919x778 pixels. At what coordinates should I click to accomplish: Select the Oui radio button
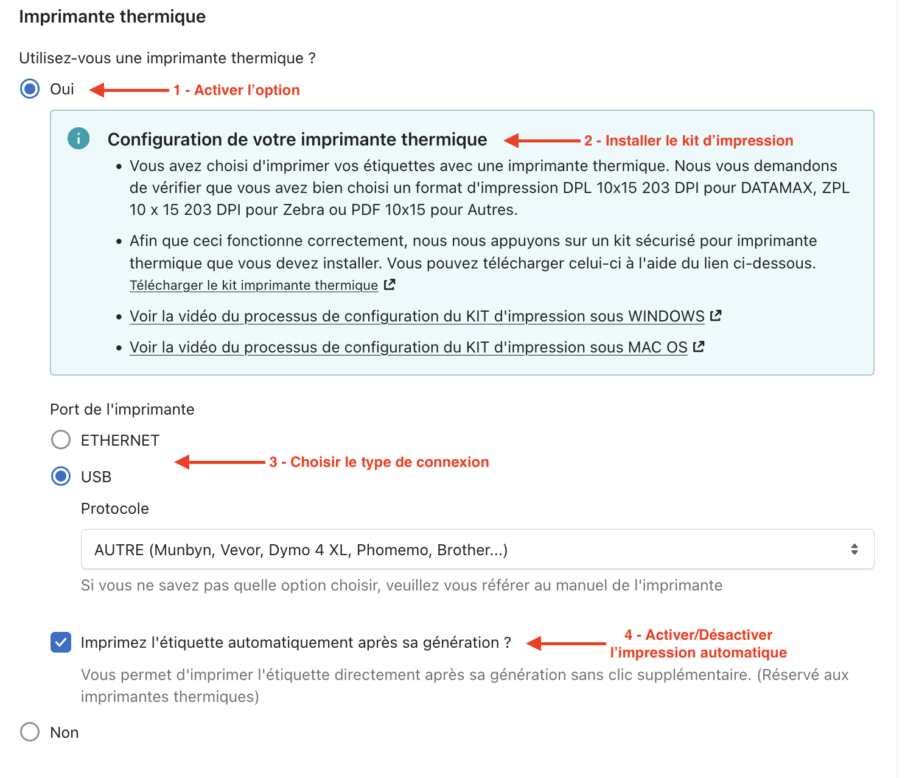tap(30, 89)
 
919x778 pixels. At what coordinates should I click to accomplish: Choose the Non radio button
tap(30, 732)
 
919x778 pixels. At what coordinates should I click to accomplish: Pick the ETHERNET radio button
tap(61, 440)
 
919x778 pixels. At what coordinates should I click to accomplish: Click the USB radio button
tap(61, 476)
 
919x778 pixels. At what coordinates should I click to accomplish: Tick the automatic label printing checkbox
tap(61, 642)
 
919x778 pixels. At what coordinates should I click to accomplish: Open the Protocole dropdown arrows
tap(854, 549)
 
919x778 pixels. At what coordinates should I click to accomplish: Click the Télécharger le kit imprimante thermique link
tap(254, 286)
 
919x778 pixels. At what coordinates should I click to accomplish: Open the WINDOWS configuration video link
tap(417, 317)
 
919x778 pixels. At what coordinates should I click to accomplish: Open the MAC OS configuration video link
tap(408, 348)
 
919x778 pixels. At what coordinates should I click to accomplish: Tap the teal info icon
tap(79, 139)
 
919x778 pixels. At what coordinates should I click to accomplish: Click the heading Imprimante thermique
tap(113, 16)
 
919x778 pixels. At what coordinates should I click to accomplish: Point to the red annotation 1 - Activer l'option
tap(236, 90)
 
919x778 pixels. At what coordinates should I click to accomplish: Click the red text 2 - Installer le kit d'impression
tap(688, 141)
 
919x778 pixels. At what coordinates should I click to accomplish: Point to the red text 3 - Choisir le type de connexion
tap(379, 462)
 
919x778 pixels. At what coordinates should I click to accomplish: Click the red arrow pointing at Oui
tap(129, 90)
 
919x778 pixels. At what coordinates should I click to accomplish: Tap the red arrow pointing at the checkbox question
tap(566, 643)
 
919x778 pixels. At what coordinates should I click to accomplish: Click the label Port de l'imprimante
tap(122, 409)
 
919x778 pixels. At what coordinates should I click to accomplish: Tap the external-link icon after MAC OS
tap(699, 347)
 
